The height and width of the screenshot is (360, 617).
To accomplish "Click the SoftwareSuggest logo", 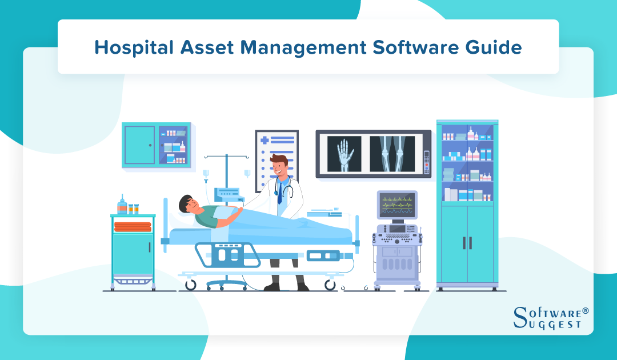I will coord(551,318).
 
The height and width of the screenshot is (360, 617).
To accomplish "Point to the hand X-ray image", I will coord(344,153).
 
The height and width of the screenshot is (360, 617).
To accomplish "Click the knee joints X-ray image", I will coord(392,153).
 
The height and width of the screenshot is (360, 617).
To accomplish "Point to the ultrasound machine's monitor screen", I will coord(397,205).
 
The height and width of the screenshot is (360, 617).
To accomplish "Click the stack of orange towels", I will coord(133,226).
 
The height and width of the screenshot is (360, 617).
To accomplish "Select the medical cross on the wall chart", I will coord(265,139).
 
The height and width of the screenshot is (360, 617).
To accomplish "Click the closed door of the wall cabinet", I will coord(139,145).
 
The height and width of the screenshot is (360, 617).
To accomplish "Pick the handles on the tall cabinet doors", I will coord(467,242).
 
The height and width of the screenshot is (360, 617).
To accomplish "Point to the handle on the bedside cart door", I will coord(150,247).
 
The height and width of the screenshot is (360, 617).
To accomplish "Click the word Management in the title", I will coord(300,47).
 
